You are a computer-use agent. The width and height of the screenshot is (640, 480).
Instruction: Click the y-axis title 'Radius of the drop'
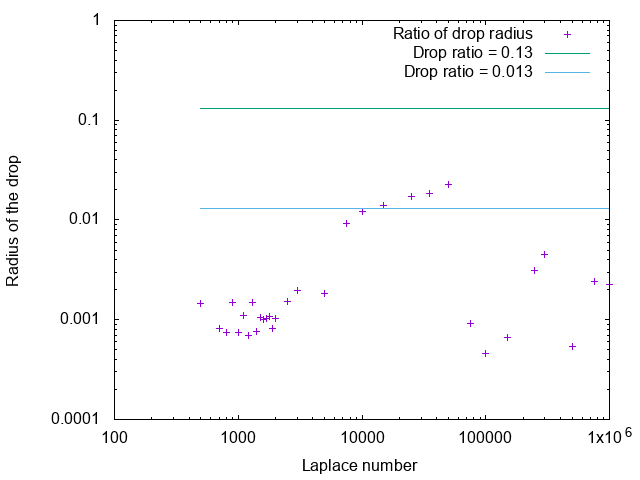click(13, 220)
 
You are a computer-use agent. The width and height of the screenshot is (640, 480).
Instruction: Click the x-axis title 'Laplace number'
click(359, 466)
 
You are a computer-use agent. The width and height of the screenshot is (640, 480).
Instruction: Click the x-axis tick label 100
click(114, 438)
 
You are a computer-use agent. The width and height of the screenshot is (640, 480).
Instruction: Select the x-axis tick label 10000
click(362, 438)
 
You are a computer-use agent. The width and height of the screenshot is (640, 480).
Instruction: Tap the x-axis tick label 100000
click(485, 438)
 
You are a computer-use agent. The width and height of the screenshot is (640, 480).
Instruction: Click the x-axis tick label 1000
click(238, 438)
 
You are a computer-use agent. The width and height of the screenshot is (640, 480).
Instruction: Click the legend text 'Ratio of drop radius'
click(462, 34)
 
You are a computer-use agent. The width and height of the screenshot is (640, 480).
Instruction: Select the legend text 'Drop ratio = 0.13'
click(472, 53)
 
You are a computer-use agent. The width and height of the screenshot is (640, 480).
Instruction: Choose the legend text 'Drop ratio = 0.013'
click(468, 72)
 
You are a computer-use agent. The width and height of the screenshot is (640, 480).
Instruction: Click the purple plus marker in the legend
click(567, 34)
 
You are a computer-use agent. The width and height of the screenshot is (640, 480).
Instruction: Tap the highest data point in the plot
click(448, 184)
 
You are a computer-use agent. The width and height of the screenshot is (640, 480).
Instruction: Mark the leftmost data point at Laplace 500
click(200, 303)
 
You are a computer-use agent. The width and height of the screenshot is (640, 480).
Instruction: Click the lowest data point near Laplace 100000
click(485, 353)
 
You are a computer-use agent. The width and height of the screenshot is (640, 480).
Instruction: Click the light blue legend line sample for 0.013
click(567, 72)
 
